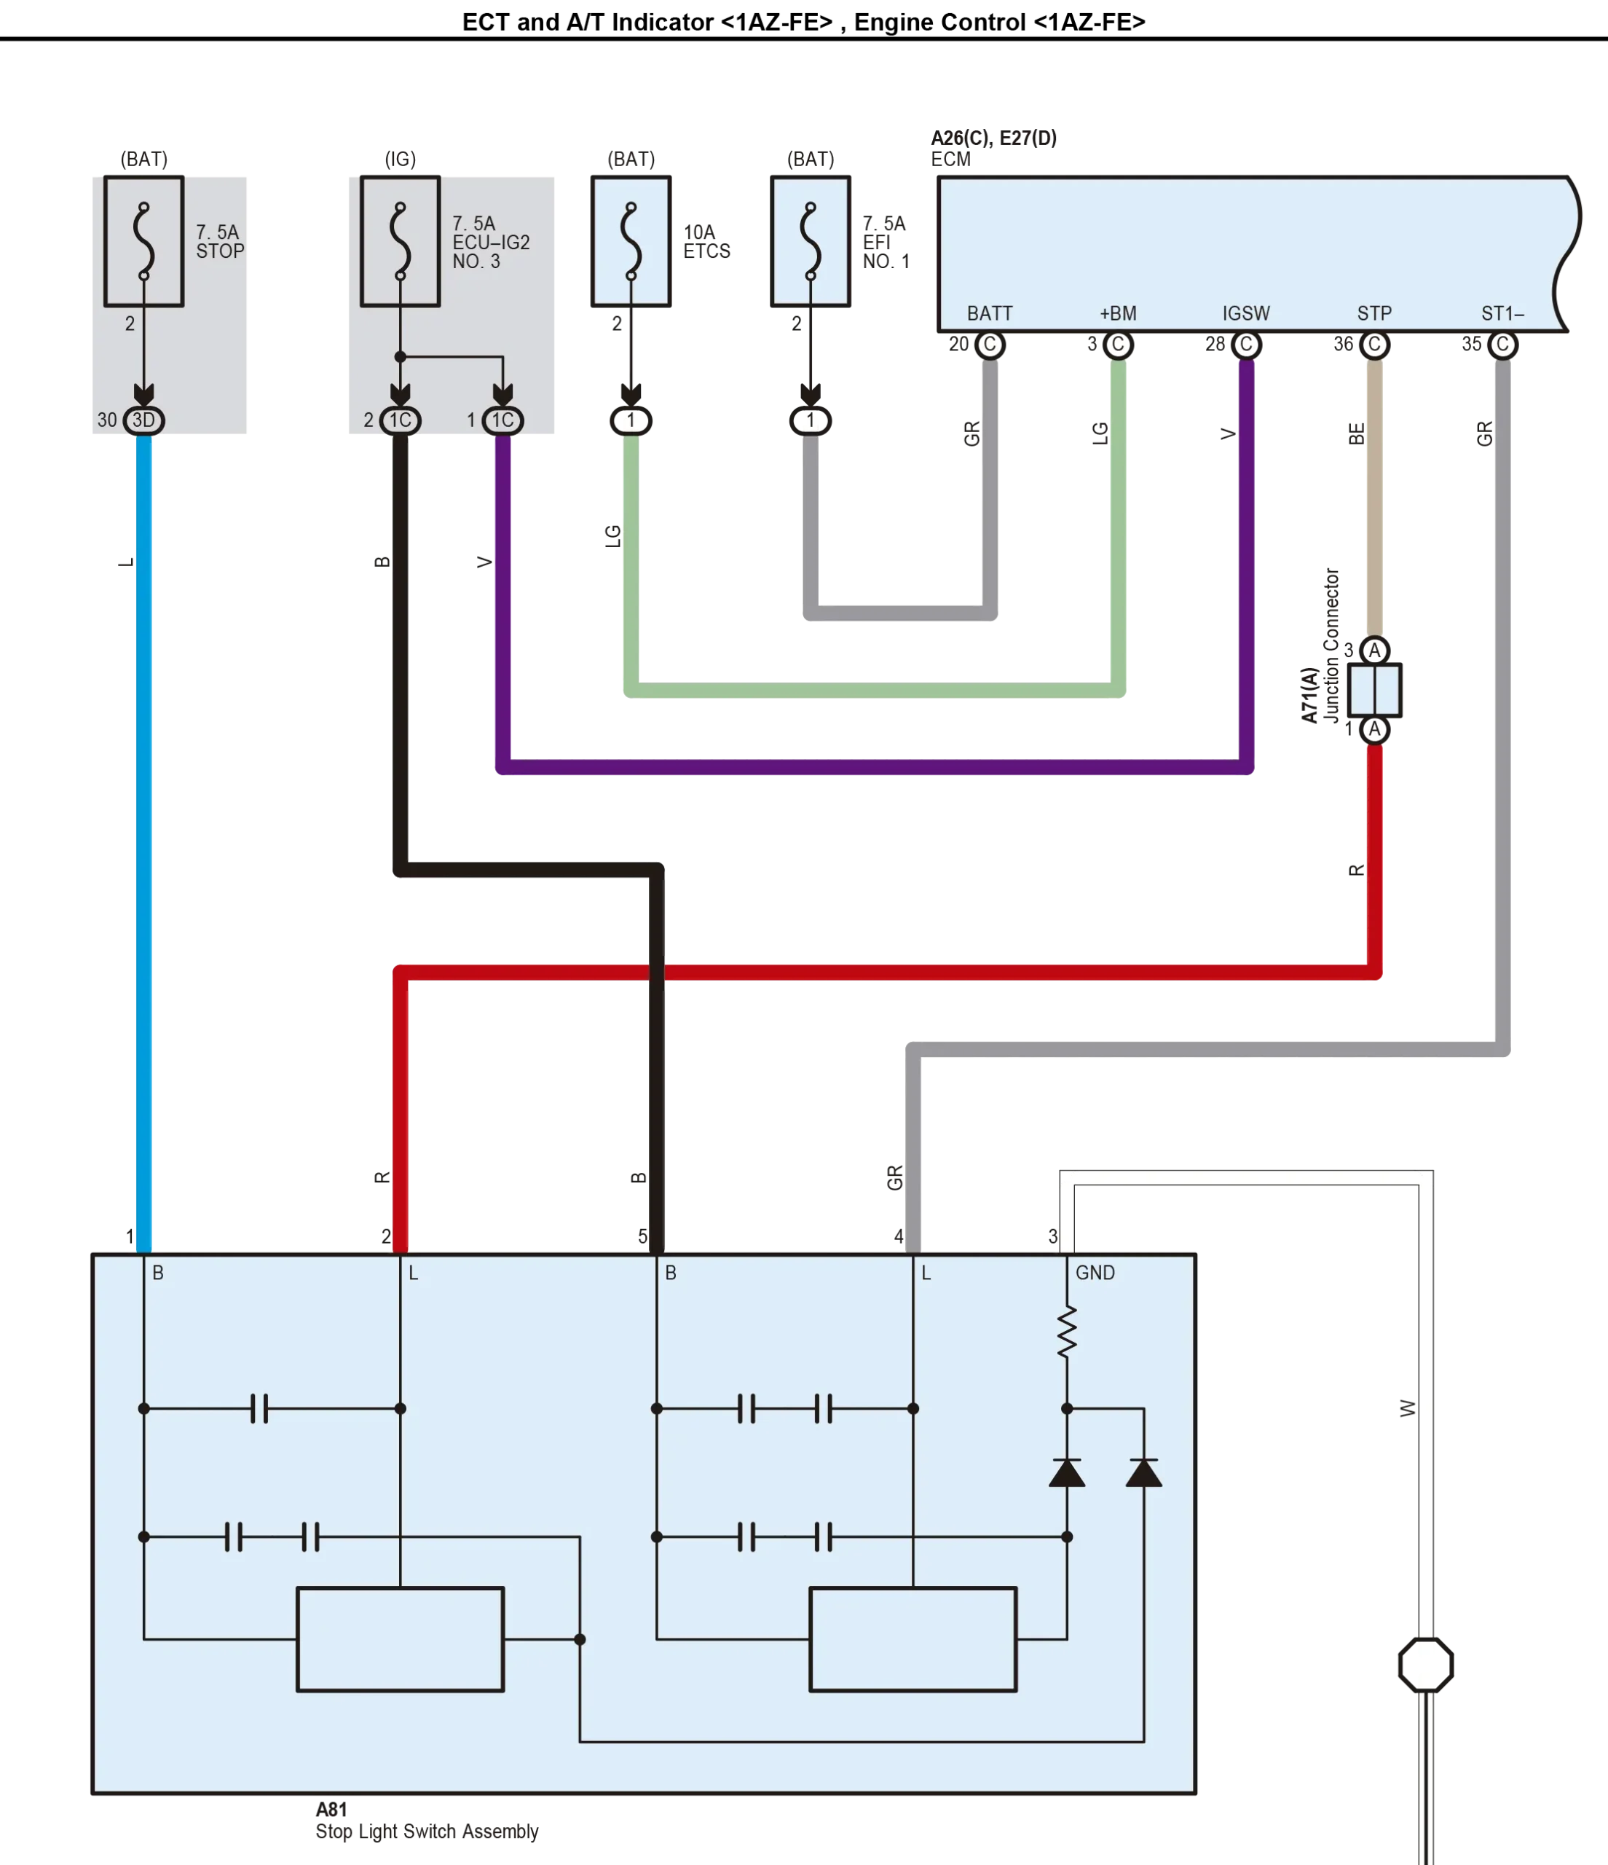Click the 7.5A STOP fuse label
coord(219,241)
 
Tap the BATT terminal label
coord(989,313)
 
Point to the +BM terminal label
coord(1118,313)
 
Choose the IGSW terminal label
coord(1245,313)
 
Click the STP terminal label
coord(1374,313)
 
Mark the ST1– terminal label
coord(1502,313)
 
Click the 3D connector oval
coord(144,420)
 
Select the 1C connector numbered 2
coord(401,420)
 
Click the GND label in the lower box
coord(1095,1273)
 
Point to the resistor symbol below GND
coord(1066,1333)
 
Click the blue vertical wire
coord(144,810)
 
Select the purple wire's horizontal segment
coord(873,767)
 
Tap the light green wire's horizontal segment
coord(873,691)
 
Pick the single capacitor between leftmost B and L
coord(259,1409)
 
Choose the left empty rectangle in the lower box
coord(400,1639)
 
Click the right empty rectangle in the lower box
coord(913,1639)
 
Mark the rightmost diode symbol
coord(1143,1474)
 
